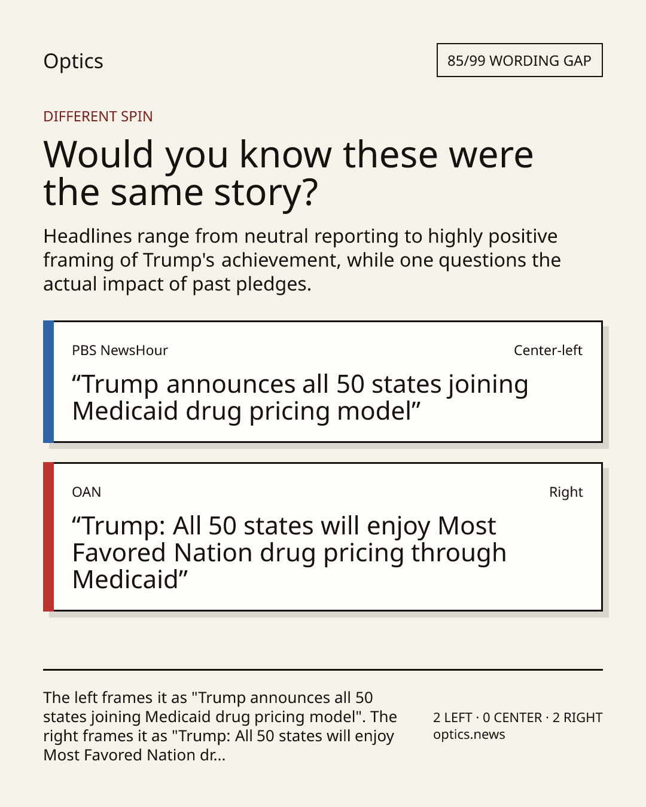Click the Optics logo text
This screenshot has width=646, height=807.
pyautogui.click(x=73, y=62)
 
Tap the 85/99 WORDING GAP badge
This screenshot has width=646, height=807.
pyautogui.click(x=520, y=60)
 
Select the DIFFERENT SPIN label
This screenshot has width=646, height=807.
pyautogui.click(x=98, y=117)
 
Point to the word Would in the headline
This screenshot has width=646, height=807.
pyautogui.click(x=98, y=154)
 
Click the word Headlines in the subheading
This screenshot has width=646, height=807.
pyautogui.click(x=88, y=236)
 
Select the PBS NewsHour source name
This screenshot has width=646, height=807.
pyautogui.click(x=120, y=350)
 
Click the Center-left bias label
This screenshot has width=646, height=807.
pyautogui.click(x=548, y=350)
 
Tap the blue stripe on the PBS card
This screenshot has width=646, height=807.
pyautogui.click(x=48, y=382)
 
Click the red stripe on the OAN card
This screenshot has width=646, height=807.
pyautogui.click(x=48, y=537)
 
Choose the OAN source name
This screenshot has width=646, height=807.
pyautogui.click(x=86, y=492)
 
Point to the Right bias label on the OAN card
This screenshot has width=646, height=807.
pyautogui.click(x=566, y=492)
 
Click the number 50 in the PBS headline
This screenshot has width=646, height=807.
pyautogui.click(x=351, y=384)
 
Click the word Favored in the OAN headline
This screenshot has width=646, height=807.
pyautogui.click(x=119, y=553)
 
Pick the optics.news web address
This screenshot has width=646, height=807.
pyautogui.click(x=469, y=734)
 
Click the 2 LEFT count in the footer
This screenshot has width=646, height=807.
pyautogui.click(x=452, y=717)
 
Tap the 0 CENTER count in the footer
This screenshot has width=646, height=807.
pyautogui.click(x=513, y=717)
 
